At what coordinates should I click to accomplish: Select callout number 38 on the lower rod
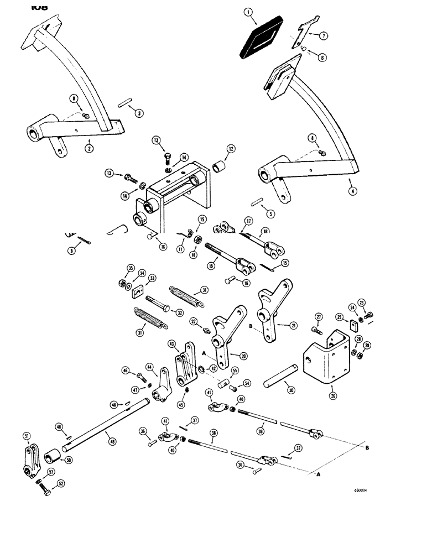[212, 433]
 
